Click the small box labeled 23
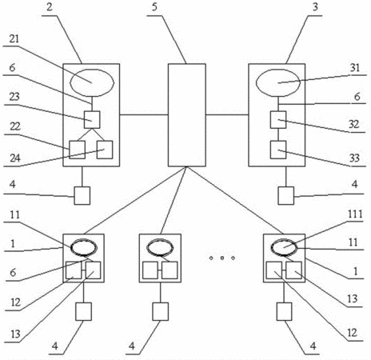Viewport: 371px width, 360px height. pyautogui.click(x=92, y=120)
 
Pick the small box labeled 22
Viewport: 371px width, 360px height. pyautogui.click(x=78, y=150)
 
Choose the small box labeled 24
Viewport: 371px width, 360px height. pyautogui.click(x=105, y=150)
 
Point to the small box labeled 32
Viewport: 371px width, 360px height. pyautogui.click(x=278, y=120)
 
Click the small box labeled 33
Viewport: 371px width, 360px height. pyautogui.click(x=278, y=150)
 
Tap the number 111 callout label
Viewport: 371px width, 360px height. pyautogui.click(x=355, y=214)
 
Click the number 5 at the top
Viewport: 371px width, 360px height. pyautogui.click(x=155, y=7)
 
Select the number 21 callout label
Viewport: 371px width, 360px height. pyautogui.click(x=14, y=39)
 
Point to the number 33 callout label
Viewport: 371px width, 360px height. pyautogui.click(x=354, y=158)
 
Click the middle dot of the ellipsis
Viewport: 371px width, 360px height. pyautogui.click(x=221, y=258)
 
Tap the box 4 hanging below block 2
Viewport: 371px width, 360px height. pyautogui.click(x=82, y=195)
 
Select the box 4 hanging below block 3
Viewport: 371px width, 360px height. pyautogui.click(x=286, y=195)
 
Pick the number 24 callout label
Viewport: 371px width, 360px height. pyautogui.click(x=15, y=158)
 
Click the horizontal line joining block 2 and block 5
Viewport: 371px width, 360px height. pyautogui.click(x=144, y=115)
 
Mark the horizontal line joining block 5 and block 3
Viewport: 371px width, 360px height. pyautogui.click(x=227, y=115)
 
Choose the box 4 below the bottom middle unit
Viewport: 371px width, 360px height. pyautogui.click(x=161, y=311)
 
